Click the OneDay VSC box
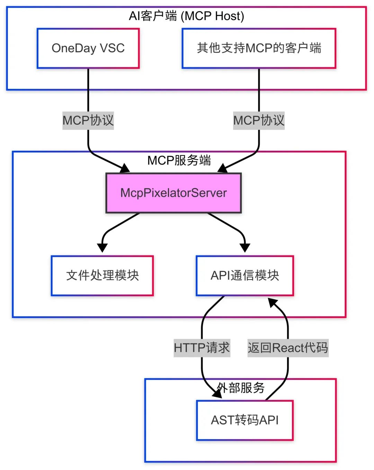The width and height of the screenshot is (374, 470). tap(88, 48)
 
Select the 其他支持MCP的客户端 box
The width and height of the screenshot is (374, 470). tap(259, 48)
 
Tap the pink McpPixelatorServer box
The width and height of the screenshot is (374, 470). tap(173, 193)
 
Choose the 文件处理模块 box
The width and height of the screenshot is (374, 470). tap(102, 275)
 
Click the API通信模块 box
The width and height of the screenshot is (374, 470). tap(244, 275)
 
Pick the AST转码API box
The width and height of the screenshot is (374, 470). tap(244, 420)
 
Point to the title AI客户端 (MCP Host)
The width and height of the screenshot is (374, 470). tap(186, 16)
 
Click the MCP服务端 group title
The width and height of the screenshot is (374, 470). tap(179, 160)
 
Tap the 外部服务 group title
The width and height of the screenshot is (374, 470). tap(241, 388)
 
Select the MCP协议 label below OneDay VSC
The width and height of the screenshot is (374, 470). tap(88, 120)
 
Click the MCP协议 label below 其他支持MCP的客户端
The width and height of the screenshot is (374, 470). tap(259, 120)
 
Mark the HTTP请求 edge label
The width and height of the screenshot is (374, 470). tap(202, 348)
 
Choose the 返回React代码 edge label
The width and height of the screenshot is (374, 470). tap(287, 348)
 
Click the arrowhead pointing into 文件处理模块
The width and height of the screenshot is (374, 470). tap(102, 247)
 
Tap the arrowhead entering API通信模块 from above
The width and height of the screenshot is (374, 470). tap(244, 247)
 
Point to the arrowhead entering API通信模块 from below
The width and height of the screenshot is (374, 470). tap(273, 303)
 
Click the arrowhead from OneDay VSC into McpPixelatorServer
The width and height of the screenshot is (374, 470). tap(125, 169)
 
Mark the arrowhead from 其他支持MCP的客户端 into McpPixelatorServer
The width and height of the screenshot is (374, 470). tap(222, 169)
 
